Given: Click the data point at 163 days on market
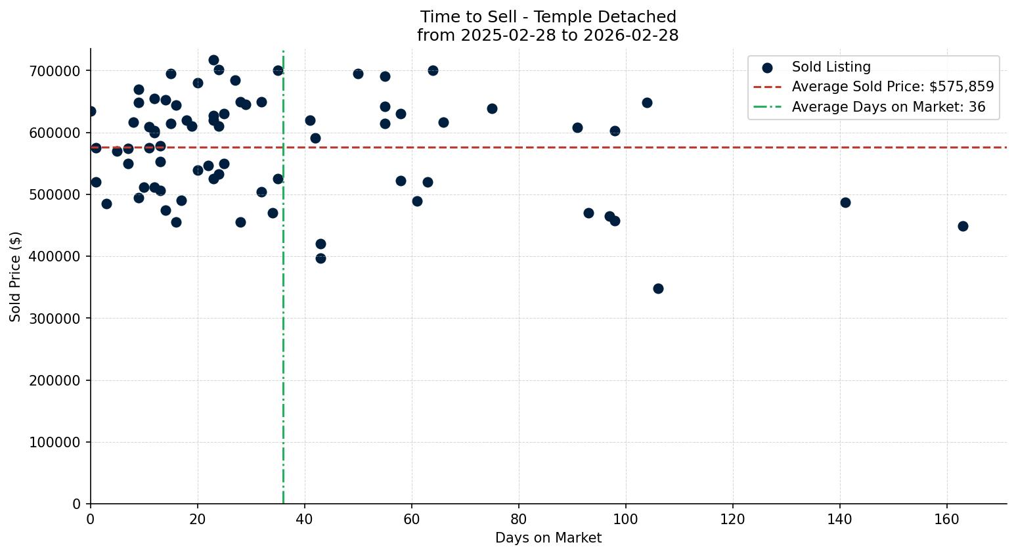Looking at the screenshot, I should click(963, 226).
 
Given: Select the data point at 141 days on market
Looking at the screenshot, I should click(845, 202).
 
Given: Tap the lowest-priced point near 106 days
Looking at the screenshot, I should click(658, 288).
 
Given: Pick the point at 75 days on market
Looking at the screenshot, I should click(492, 108).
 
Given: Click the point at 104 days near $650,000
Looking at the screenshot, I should click(647, 102).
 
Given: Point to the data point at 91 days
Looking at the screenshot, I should click(577, 127).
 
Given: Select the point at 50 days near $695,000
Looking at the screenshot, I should click(358, 74).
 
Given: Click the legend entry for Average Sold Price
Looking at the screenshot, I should click(893, 87).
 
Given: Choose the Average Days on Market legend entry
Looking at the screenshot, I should click(888, 107).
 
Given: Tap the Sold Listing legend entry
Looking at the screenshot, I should click(831, 67).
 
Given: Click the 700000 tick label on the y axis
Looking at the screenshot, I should click(55, 71).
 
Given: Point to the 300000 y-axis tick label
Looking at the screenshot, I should click(55, 319).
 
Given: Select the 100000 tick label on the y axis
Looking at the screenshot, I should click(55, 443).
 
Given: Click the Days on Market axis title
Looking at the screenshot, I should click(548, 538).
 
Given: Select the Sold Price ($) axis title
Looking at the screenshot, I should click(16, 277).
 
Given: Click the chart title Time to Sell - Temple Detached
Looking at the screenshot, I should click(548, 17).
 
